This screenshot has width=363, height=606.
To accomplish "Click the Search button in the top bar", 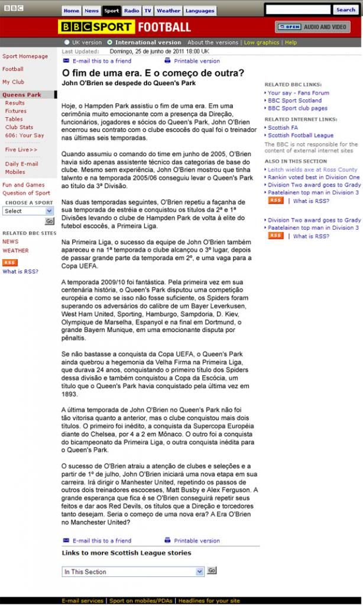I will [345, 9].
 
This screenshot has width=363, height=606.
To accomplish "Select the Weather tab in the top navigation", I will [168, 11].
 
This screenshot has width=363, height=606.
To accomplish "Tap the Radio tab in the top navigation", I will [131, 11].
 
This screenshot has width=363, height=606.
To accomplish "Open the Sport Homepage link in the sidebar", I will [25, 56].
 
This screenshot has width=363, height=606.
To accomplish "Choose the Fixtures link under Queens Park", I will [16, 111].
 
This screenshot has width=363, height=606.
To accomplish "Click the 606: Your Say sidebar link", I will [25, 136].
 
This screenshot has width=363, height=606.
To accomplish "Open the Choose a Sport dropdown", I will [28, 211].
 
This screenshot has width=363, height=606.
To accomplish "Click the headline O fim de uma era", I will [153, 73].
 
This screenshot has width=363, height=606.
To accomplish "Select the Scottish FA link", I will [283, 128].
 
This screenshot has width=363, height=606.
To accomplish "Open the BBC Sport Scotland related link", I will [294, 101].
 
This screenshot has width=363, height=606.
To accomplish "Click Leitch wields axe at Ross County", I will [312, 170].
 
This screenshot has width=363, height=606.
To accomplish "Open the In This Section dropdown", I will [133, 572].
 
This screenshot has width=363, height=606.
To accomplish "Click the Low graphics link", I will [261, 43].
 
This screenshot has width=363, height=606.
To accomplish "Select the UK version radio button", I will [67, 43].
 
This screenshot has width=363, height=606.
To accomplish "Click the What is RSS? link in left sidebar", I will [20, 272].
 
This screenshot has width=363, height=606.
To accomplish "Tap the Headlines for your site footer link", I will [209, 601].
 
